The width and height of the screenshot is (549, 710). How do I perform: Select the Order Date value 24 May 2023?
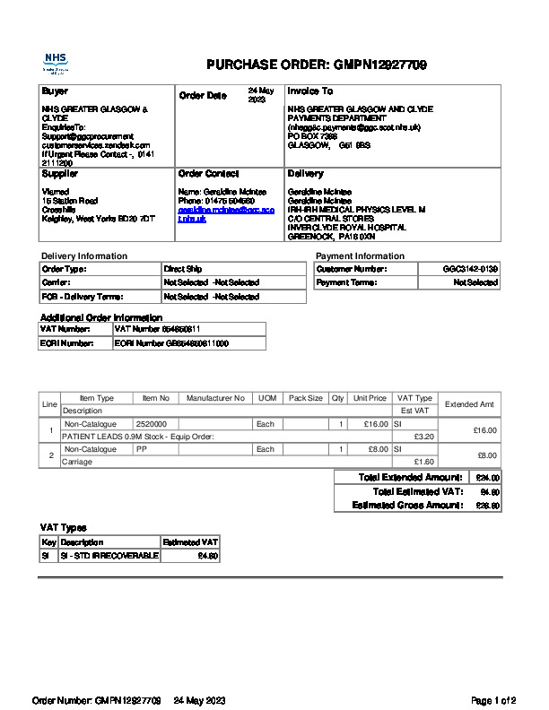pos(260,95)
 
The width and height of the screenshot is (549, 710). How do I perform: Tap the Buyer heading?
pos(55,91)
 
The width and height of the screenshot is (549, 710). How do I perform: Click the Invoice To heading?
pos(309,91)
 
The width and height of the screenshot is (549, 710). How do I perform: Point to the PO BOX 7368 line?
pos(311,136)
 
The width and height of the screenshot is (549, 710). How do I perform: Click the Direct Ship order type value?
pos(183,269)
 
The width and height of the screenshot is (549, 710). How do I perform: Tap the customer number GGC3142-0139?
pos(470,269)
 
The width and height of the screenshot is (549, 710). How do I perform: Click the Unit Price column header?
pos(370,398)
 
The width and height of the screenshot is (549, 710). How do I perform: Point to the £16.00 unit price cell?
pos(370,423)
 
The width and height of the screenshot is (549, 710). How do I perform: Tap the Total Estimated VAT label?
pos(417,492)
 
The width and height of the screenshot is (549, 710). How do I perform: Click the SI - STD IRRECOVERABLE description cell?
pos(109,556)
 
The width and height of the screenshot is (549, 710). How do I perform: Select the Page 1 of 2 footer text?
pos(493,699)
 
